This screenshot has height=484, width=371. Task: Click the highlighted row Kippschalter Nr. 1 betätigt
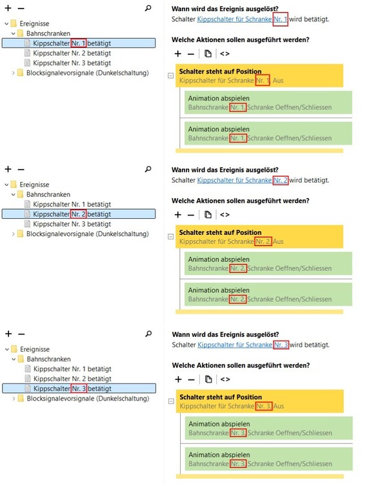(x=79, y=43)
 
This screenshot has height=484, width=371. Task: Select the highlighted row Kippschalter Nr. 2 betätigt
(x=79, y=214)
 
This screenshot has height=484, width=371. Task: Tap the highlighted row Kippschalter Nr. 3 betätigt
(x=79, y=388)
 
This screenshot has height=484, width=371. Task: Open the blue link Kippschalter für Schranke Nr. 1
(x=243, y=19)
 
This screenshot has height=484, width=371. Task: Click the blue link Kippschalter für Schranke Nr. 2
(x=243, y=180)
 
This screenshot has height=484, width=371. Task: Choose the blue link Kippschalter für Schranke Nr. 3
(x=243, y=345)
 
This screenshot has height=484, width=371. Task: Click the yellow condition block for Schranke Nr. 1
(x=259, y=76)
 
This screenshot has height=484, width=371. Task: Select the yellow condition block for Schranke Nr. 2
(x=259, y=237)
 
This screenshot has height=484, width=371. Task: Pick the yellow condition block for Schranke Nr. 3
(x=260, y=401)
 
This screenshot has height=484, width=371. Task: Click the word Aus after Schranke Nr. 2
(x=278, y=241)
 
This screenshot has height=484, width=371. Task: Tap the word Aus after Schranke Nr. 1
(x=278, y=81)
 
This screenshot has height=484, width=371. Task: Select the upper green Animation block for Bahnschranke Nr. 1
(x=268, y=103)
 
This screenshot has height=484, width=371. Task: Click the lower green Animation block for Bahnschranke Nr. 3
(x=269, y=459)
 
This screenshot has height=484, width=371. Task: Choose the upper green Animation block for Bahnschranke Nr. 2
(x=268, y=263)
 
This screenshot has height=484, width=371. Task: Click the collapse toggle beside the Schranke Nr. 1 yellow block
(x=170, y=76)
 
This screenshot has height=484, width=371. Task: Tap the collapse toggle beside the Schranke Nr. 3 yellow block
(x=171, y=401)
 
